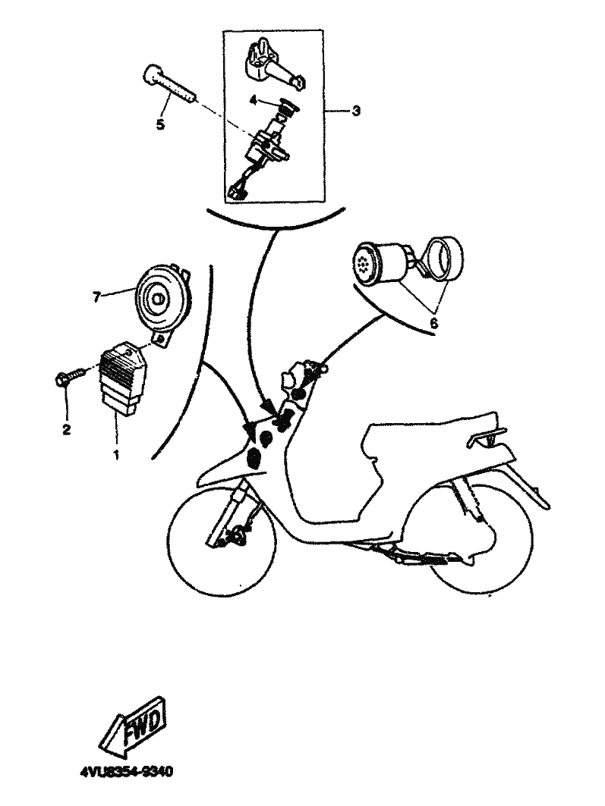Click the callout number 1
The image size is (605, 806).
[x=116, y=454]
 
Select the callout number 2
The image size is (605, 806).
[x=66, y=428]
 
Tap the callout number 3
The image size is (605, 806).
[x=355, y=111]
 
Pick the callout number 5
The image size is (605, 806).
[x=160, y=125]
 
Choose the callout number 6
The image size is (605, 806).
[x=433, y=323]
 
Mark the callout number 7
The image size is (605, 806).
[x=96, y=296]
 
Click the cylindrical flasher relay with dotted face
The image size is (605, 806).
[x=383, y=262]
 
